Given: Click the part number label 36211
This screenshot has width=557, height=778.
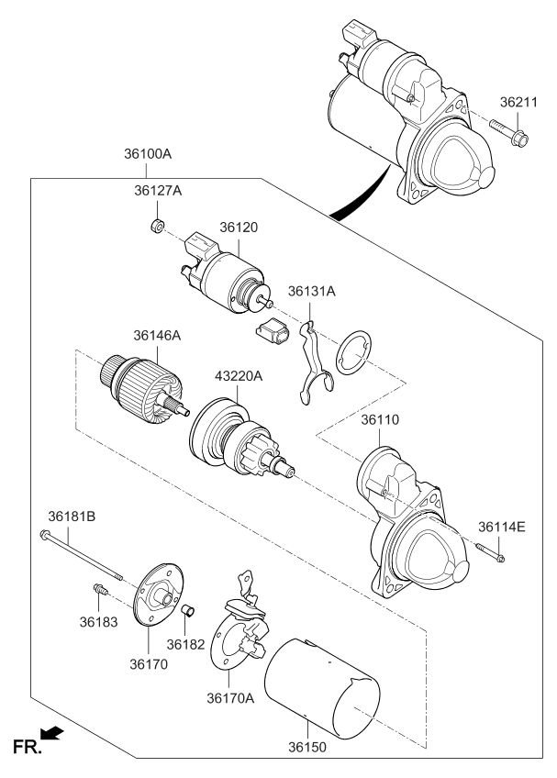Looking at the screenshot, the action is coord(518,102).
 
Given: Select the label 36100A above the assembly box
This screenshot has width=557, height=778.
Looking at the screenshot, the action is coord(148,154).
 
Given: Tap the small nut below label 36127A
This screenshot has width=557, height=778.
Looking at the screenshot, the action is coord(157,227).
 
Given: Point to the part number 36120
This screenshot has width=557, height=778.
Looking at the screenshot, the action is coord(239,228).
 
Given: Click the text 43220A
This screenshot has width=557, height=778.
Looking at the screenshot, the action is coord(239,376).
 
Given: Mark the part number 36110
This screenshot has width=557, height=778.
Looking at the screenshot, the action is coord(379,420).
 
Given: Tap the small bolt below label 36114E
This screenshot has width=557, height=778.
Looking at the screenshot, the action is coord(491,552).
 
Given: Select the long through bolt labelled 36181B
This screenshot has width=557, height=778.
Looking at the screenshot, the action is coord(81,555).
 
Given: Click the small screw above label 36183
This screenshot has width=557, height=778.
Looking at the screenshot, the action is coord(101,589).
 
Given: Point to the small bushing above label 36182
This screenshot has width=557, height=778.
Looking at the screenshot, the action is coord(187,610).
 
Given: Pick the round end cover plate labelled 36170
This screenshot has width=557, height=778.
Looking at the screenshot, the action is coord(159,595).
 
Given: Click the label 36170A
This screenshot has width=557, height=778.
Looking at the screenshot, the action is coord(230,698).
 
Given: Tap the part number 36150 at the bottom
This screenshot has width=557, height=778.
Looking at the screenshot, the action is coord(307,747).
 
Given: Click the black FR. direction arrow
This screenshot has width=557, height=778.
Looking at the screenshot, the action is coord(51,733).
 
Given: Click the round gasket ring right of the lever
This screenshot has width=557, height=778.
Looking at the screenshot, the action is coord(353,352).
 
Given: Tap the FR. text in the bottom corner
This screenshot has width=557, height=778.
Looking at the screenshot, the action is coord(28,747).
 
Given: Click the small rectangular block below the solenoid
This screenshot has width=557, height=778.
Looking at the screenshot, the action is coord(273,329).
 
